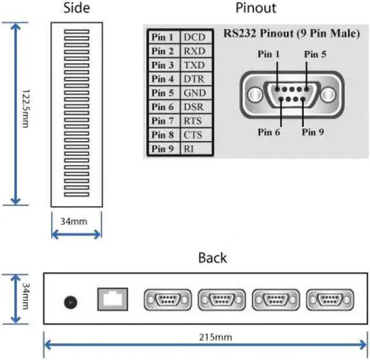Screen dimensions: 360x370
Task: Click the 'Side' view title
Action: point(76,8)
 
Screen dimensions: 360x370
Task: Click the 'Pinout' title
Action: point(256,8)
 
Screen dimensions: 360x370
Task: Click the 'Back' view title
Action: point(212,257)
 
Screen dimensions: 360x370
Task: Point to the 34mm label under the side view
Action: point(76,220)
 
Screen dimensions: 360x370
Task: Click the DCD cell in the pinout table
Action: point(194,37)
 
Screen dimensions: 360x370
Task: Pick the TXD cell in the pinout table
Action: point(194,65)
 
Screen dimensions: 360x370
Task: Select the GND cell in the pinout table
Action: point(194,93)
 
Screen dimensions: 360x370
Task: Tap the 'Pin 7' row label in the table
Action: point(162,121)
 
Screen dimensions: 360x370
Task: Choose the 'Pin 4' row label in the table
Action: point(162,79)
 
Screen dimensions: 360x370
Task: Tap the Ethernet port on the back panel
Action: point(112,299)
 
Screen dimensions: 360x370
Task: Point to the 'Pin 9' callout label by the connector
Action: point(313,132)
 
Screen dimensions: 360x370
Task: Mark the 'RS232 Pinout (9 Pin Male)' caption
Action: point(291,34)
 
